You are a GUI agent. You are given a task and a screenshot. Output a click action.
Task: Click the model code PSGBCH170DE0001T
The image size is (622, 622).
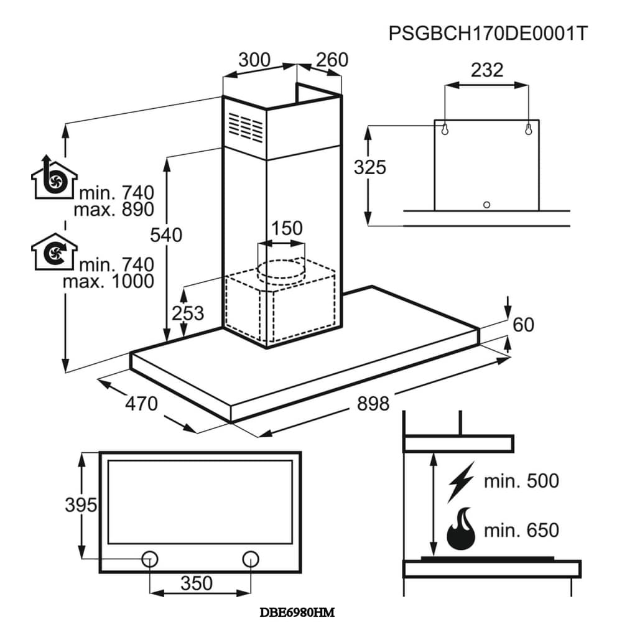click(488, 34)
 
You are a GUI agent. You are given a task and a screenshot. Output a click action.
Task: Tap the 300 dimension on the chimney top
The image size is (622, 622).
click(254, 60)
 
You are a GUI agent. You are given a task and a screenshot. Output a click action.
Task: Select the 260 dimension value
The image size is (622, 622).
click(332, 60)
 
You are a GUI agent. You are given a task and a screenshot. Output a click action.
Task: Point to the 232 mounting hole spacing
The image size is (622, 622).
click(487, 70)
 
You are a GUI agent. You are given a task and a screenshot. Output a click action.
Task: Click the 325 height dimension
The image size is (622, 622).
click(369, 167)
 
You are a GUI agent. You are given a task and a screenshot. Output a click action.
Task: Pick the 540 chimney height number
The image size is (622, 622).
click(166, 235)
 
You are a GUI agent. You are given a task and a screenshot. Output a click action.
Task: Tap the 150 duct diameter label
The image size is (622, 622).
click(286, 228)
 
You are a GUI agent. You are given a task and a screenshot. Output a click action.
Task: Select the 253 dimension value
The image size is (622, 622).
click(188, 313)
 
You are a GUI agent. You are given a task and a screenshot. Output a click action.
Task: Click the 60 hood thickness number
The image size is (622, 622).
click(523, 325)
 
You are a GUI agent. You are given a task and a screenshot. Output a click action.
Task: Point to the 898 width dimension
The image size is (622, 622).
click(373, 404)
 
